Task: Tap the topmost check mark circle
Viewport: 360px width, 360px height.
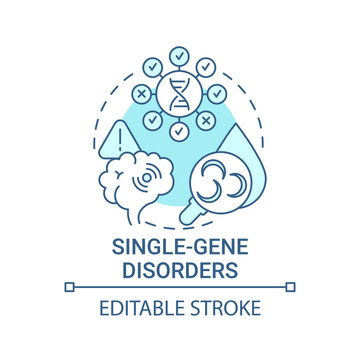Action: [x=180, y=55]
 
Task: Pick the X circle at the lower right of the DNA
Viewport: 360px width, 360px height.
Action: [x=207, y=119]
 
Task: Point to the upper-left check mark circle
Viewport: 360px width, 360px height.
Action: [x=154, y=66]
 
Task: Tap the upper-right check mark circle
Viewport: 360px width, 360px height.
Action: [x=207, y=66]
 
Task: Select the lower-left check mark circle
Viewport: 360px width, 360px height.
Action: [x=154, y=119]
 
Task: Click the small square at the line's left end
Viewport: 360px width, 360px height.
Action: [x=69, y=286]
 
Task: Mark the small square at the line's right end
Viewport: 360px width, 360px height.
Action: [x=291, y=286]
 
